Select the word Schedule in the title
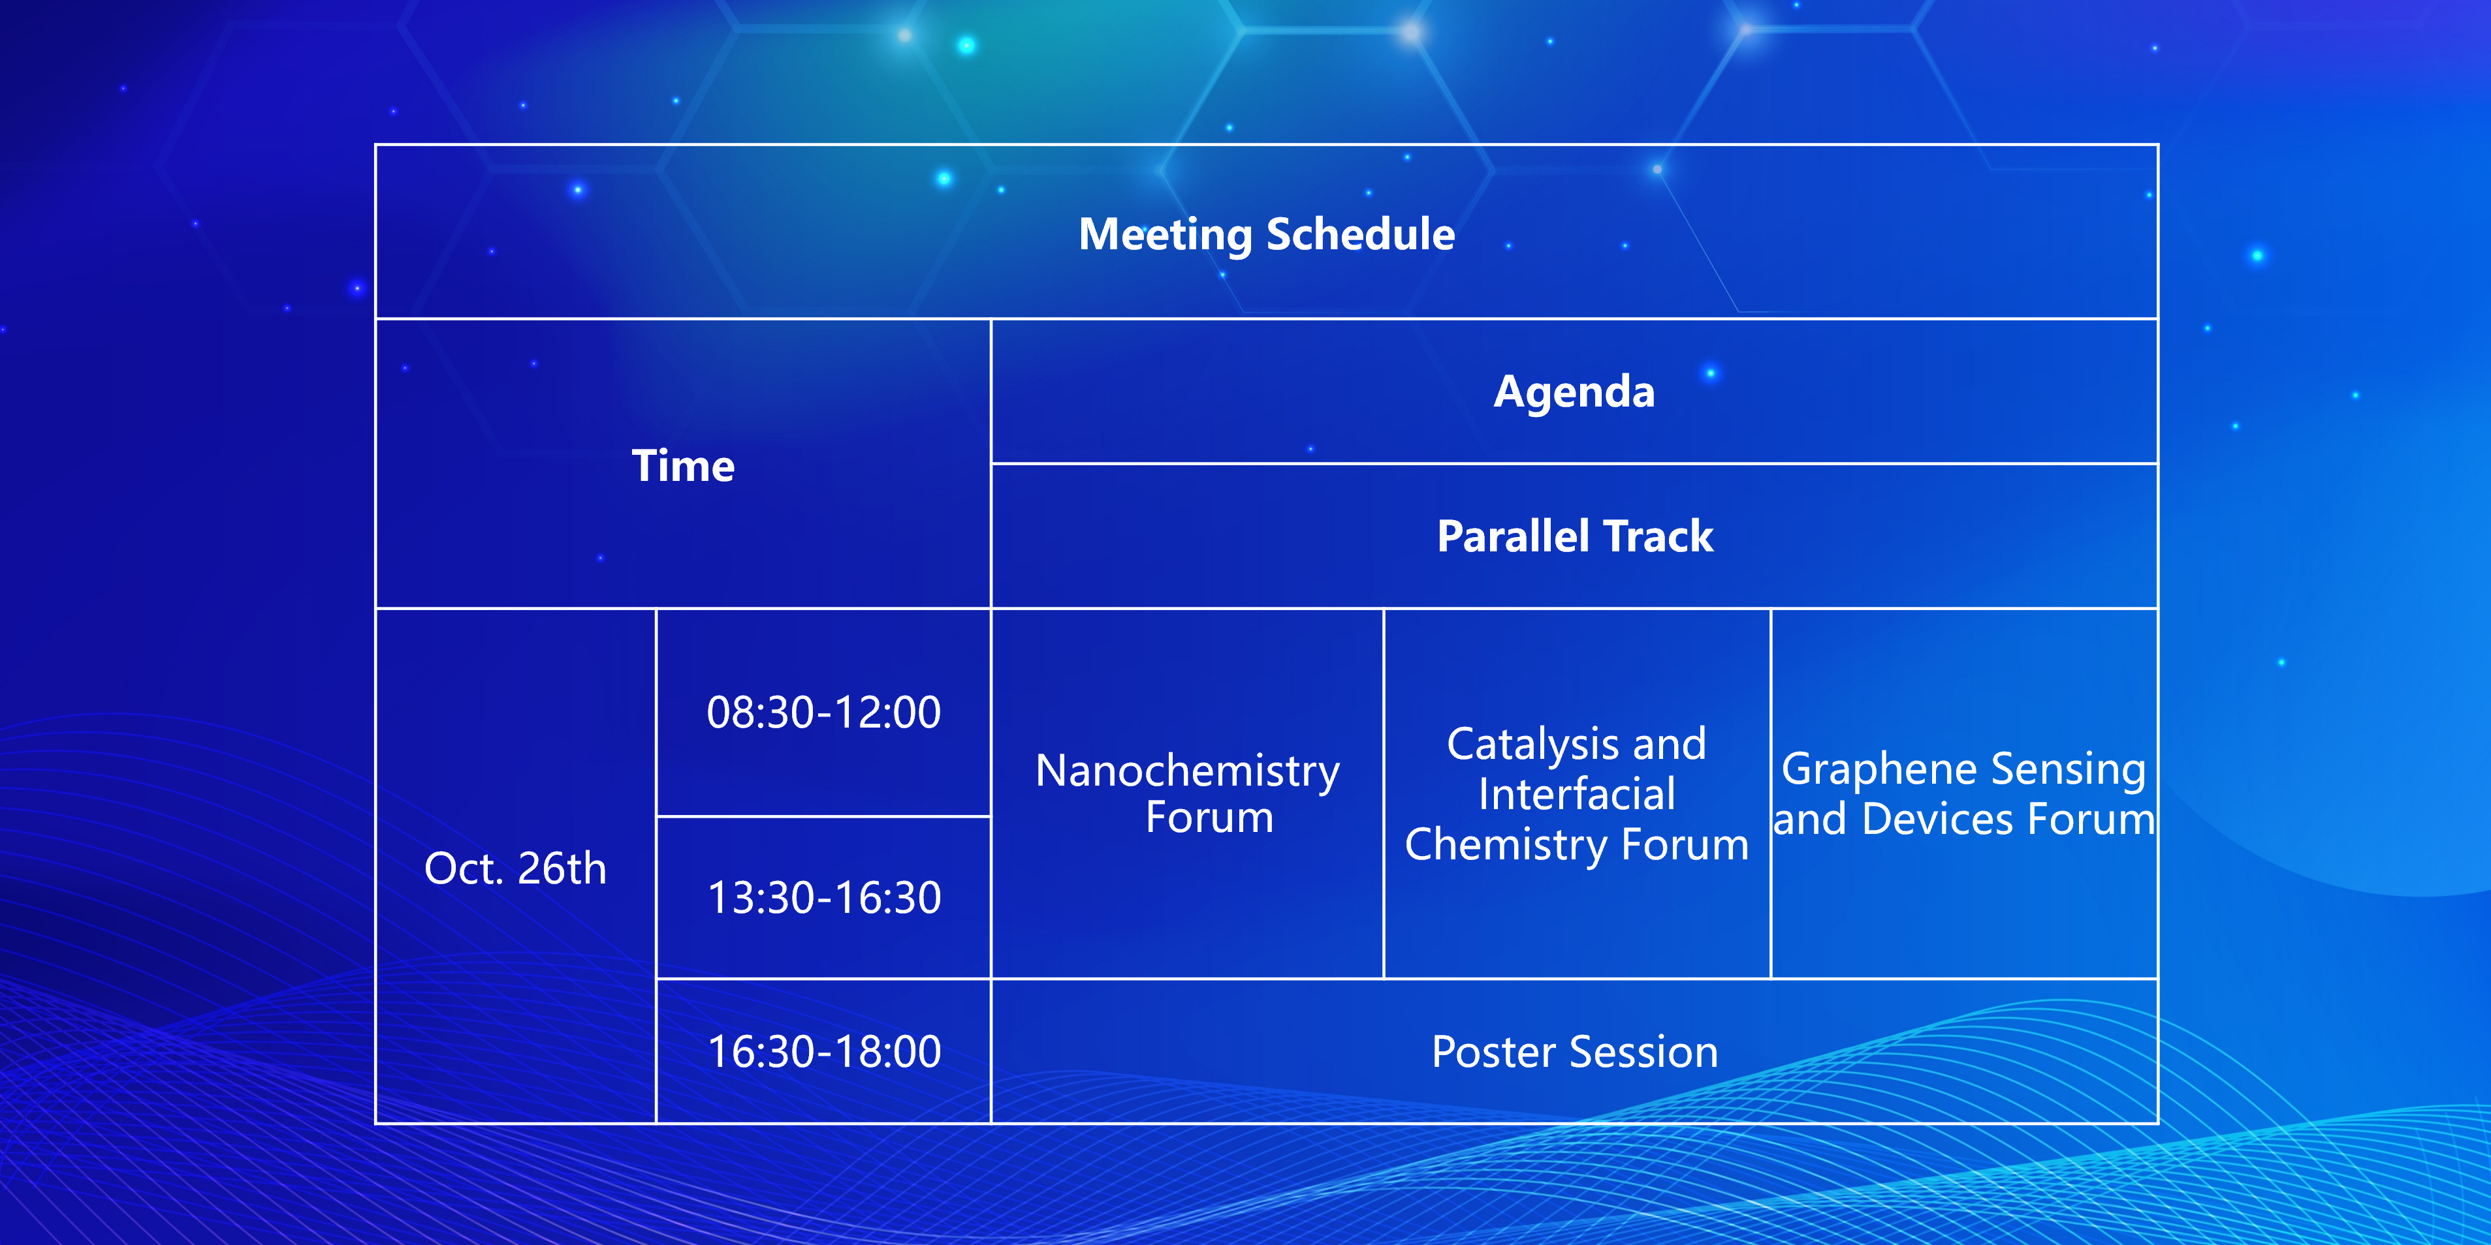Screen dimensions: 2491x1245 (x=1361, y=234)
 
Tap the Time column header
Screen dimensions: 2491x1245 (x=684, y=466)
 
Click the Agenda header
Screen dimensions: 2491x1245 (x=1574, y=392)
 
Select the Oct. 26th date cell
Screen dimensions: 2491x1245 (x=515, y=868)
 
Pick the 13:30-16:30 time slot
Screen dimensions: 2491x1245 (x=825, y=898)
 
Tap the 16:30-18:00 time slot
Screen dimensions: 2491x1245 (x=825, y=1052)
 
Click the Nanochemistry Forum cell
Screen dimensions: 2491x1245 (x=1188, y=793)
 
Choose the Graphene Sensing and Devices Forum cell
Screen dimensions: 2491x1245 (x=1964, y=793)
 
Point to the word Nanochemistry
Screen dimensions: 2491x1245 (x=1188, y=771)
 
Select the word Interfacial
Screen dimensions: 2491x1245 (x=1577, y=795)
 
